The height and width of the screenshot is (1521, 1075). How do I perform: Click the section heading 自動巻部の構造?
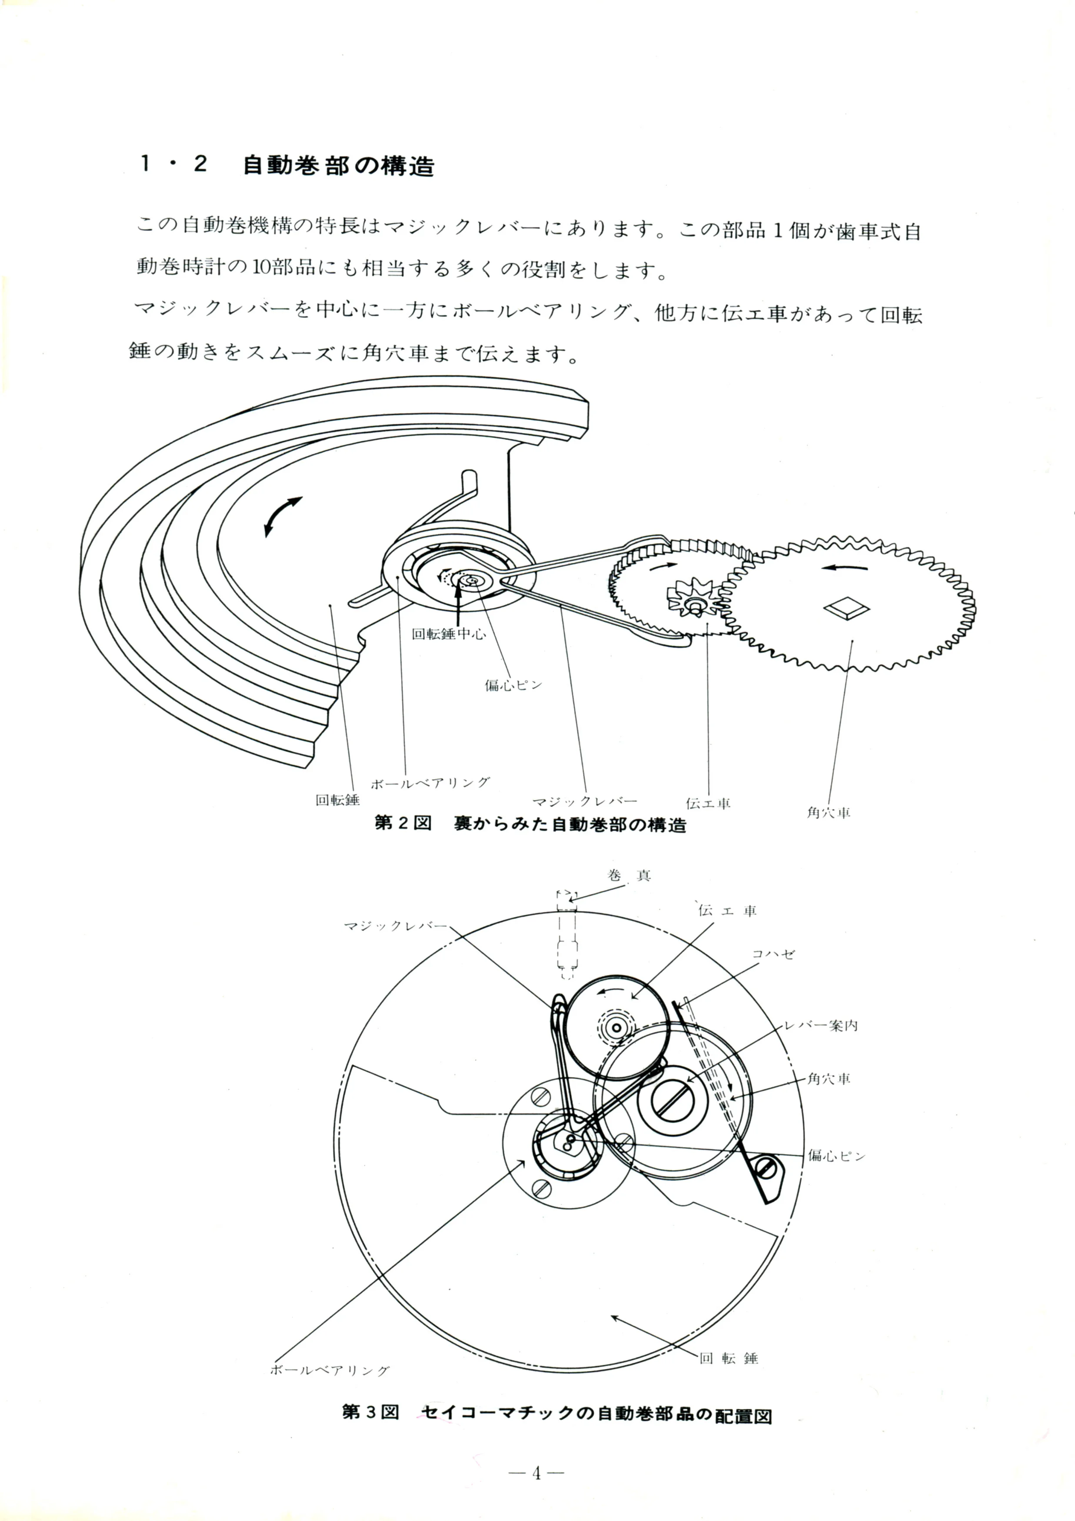point(339,165)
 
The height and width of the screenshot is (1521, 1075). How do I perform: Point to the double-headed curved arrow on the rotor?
point(283,516)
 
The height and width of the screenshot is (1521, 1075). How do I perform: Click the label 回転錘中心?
point(449,634)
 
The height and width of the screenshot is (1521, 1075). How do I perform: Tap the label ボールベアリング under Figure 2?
point(430,783)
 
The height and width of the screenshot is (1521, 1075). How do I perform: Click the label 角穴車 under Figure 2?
point(829,813)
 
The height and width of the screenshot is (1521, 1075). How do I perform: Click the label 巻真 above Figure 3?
point(629,876)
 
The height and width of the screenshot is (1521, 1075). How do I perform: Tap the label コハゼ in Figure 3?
point(773,954)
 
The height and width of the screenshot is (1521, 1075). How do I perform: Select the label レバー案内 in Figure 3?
point(821,1025)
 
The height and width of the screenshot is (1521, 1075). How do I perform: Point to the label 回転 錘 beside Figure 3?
point(729,1358)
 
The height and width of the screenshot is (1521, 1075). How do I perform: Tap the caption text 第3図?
point(370,1412)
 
